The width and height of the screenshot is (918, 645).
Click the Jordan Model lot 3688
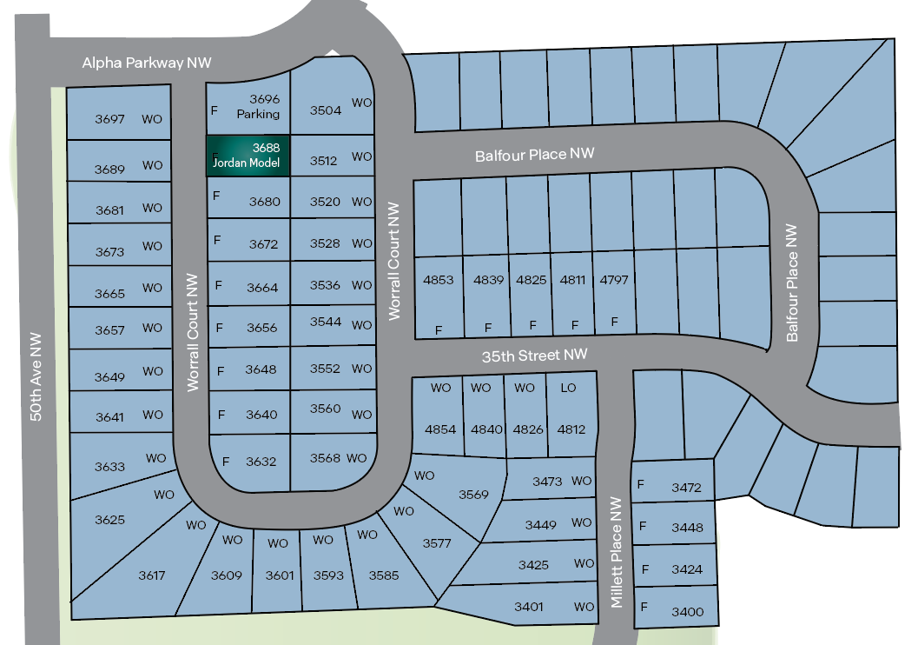(x=248, y=156)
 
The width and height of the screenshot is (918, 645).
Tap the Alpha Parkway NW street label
(x=147, y=63)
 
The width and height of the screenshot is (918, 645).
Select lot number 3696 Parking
(x=264, y=106)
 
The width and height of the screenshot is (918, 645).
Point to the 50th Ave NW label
(x=36, y=377)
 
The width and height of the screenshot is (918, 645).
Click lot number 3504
(x=326, y=110)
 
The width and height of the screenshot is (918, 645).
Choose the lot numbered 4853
(x=439, y=280)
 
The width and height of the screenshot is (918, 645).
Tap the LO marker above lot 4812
(x=568, y=388)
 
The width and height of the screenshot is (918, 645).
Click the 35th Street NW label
(x=535, y=356)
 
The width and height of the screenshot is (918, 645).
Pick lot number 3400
(x=687, y=612)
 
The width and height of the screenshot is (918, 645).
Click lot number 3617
(x=151, y=575)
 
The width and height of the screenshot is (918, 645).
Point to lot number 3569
(x=473, y=495)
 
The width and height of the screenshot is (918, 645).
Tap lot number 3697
(x=110, y=119)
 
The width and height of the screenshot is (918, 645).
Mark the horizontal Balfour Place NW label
(x=534, y=156)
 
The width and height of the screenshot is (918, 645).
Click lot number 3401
(x=528, y=607)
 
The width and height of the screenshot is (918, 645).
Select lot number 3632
(x=261, y=461)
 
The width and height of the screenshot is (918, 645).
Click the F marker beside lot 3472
(x=641, y=484)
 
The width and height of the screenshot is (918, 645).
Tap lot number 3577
(x=437, y=543)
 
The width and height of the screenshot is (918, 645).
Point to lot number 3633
(x=109, y=467)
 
